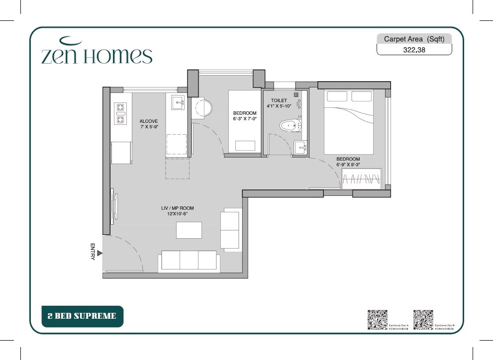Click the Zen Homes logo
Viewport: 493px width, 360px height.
97,52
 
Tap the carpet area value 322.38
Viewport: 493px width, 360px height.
414,50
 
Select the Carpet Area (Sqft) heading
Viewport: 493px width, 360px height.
414,39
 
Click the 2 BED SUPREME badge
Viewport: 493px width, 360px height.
82,316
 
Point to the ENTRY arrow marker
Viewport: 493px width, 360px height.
99,253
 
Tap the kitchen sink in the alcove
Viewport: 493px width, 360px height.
178,103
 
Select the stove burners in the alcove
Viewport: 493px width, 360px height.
120,113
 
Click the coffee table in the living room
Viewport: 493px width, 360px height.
189,230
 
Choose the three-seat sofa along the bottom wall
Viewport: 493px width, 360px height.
188,261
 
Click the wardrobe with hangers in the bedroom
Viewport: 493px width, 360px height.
362,179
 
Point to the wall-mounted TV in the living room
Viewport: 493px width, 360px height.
114,203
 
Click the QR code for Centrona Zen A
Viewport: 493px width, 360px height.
377,319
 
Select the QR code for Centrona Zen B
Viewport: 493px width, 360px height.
423,319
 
